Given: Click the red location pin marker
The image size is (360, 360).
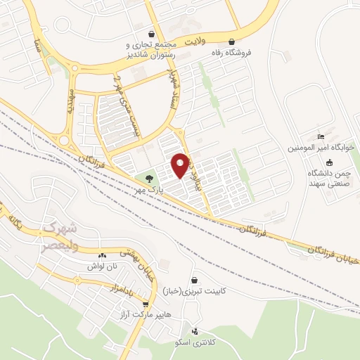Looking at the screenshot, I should [x=180, y=165].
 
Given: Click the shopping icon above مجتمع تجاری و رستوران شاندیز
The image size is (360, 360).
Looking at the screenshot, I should [x=151, y=34].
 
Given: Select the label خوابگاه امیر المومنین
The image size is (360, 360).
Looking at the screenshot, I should [x=321, y=148].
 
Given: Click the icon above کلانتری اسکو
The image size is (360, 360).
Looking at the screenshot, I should [x=195, y=331].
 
